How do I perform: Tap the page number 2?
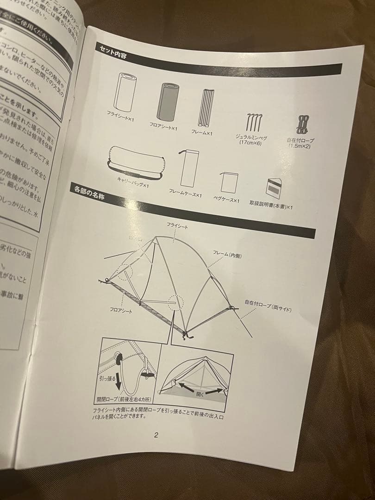(156, 435)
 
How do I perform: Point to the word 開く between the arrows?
(200, 394)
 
